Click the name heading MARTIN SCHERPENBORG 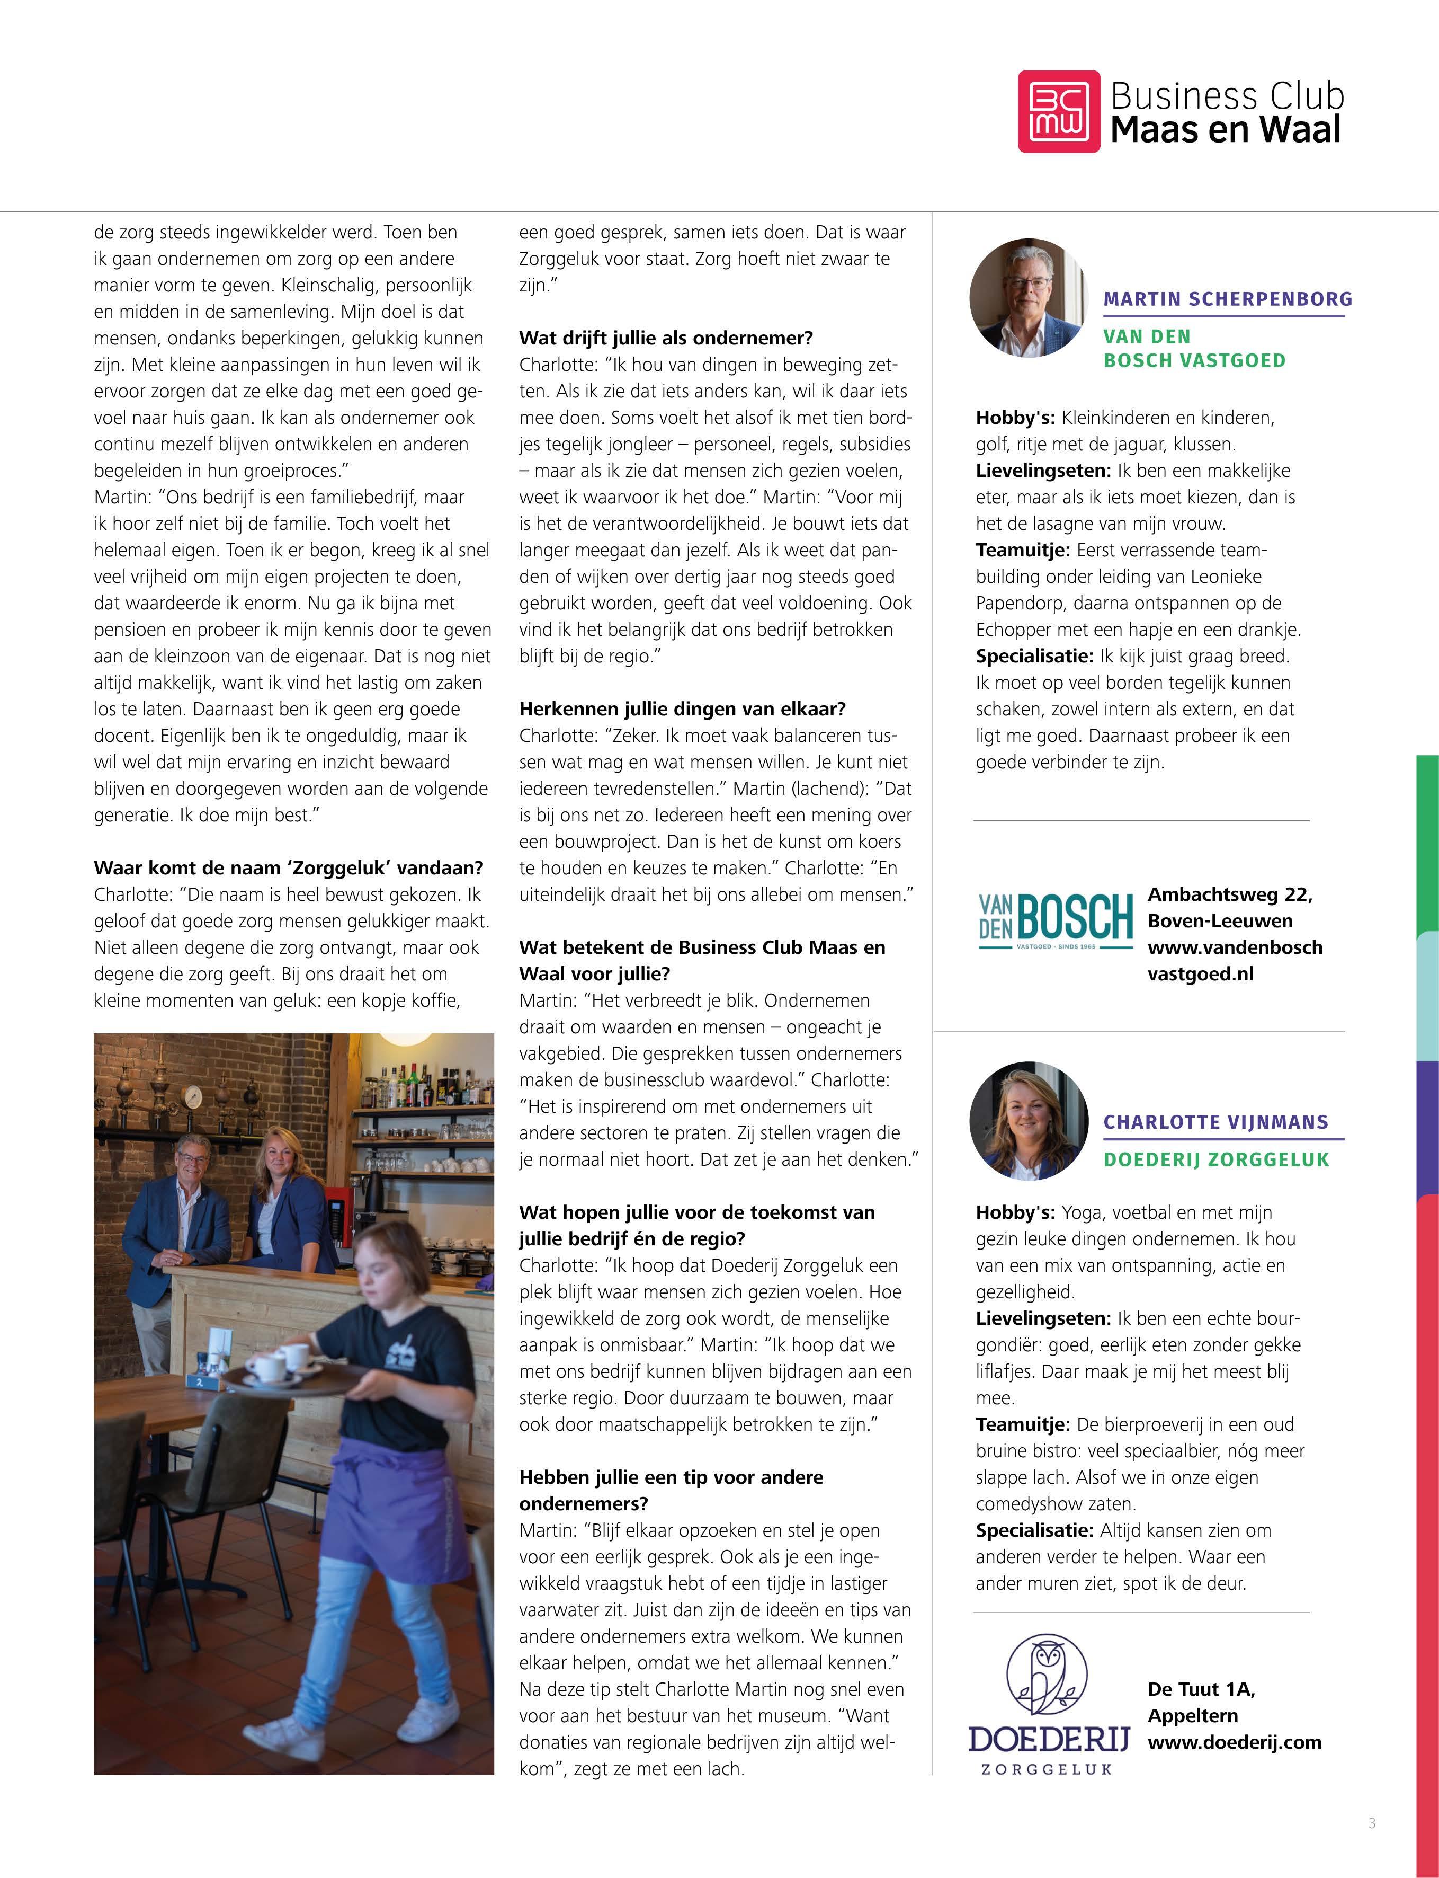click(1228, 299)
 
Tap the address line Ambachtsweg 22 click(1229, 894)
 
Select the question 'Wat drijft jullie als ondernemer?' click(666, 338)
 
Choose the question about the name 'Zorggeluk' click(288, 868)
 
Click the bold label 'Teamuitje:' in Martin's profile click(1023, 550)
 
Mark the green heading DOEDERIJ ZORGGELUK click(1215, 1159)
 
